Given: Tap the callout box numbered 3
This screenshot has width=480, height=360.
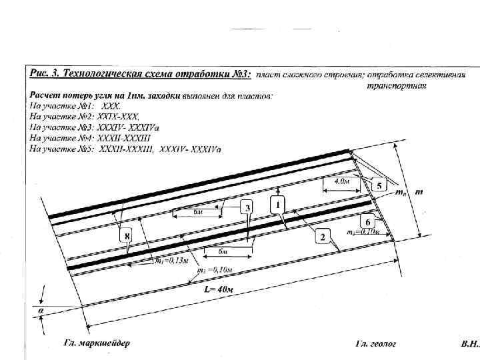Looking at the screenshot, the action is tap(247, 208).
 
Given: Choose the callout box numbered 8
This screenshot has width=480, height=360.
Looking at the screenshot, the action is tap(124, 235).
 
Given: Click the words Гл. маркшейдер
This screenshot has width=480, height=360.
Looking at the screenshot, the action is tap(97, 343).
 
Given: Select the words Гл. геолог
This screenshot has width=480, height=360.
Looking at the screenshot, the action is tap(375, 344).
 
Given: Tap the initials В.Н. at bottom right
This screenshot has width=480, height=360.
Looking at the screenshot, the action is tap(469, 344).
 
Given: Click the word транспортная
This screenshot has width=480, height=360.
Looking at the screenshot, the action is tap(396, 85).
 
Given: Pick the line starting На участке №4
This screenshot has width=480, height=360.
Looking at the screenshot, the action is tap(85, 137).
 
